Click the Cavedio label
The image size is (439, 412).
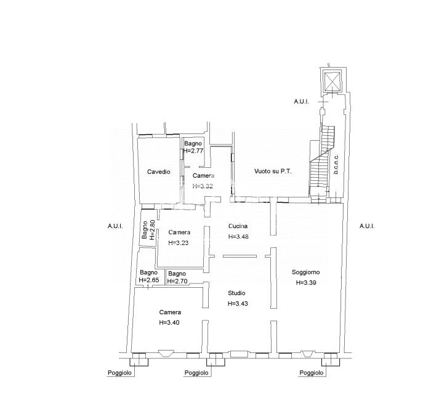pos(158,172)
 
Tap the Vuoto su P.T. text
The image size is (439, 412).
pos(273,171)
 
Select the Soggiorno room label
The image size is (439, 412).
pos(306,272)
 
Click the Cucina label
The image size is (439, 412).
pos(238,226)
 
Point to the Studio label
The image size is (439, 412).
pos(236,293)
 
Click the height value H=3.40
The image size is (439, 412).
pos(169,322)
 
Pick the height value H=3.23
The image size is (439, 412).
pos(179,243)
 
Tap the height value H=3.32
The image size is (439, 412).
pos(203,186)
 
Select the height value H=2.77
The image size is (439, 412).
pos(193,151)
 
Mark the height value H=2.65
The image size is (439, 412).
pos(149,280)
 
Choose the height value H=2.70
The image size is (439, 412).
pos(177,282)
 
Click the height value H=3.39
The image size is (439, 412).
pos(306,282)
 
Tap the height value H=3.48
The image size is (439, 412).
pos(238,237)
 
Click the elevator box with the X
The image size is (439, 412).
pos(332,82)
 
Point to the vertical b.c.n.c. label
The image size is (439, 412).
pos(336,164)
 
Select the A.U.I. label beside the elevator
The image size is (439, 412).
pos(302,101)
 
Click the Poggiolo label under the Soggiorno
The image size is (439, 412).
pos(312,373)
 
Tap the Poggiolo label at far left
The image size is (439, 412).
pos(119,373)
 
